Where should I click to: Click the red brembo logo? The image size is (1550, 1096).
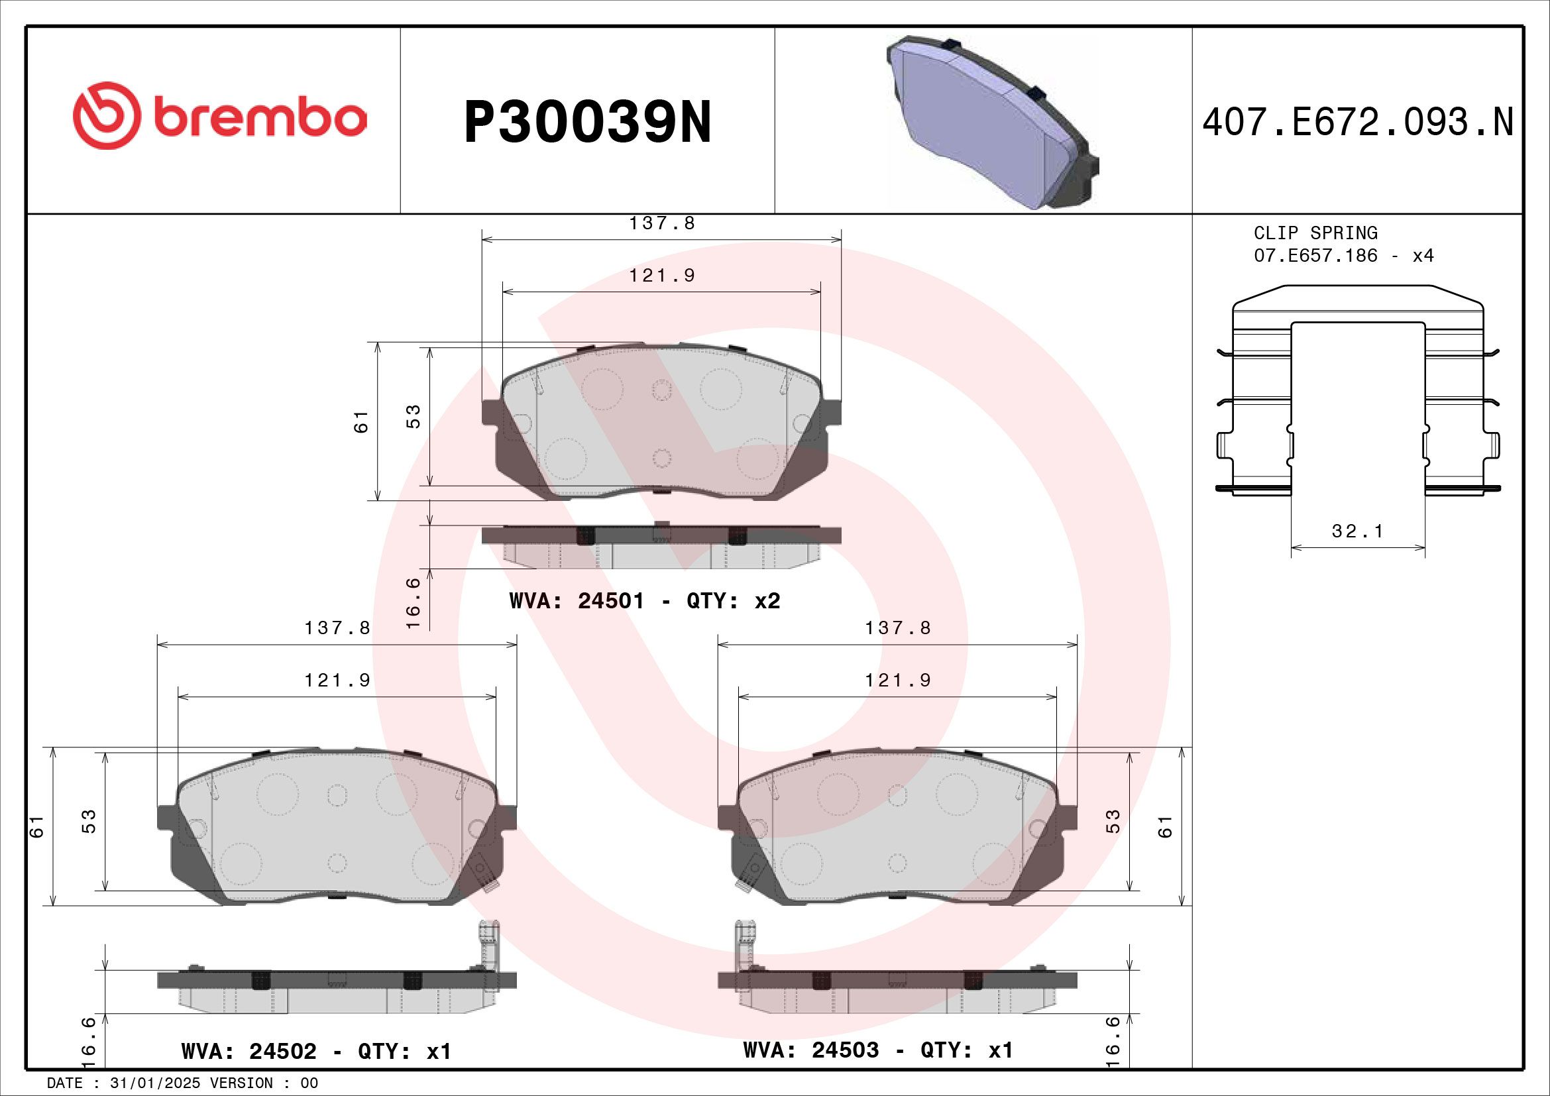click(219, 116)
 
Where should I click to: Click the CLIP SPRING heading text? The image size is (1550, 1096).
click(1315, 233)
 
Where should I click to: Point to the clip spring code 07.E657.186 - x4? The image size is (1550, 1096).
click(1343, 256)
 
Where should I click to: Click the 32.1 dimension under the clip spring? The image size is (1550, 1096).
click(1357, 531)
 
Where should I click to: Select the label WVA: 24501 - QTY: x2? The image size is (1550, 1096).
click(645, 600)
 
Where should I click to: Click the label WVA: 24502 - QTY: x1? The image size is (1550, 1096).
click(316, 1051)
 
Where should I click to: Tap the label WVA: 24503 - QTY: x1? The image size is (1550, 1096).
click(877, 1050)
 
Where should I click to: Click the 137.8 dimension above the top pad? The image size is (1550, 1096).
click(661, 223)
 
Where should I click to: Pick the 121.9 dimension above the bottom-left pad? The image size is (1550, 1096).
click(337, 681)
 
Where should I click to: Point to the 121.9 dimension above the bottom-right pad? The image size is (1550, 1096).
click(898, 681)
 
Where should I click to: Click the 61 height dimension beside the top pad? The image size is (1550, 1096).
click(362, 421)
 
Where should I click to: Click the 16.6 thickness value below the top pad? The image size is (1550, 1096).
click(413, 602)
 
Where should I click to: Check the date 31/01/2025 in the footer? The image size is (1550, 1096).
click(154, 1083)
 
